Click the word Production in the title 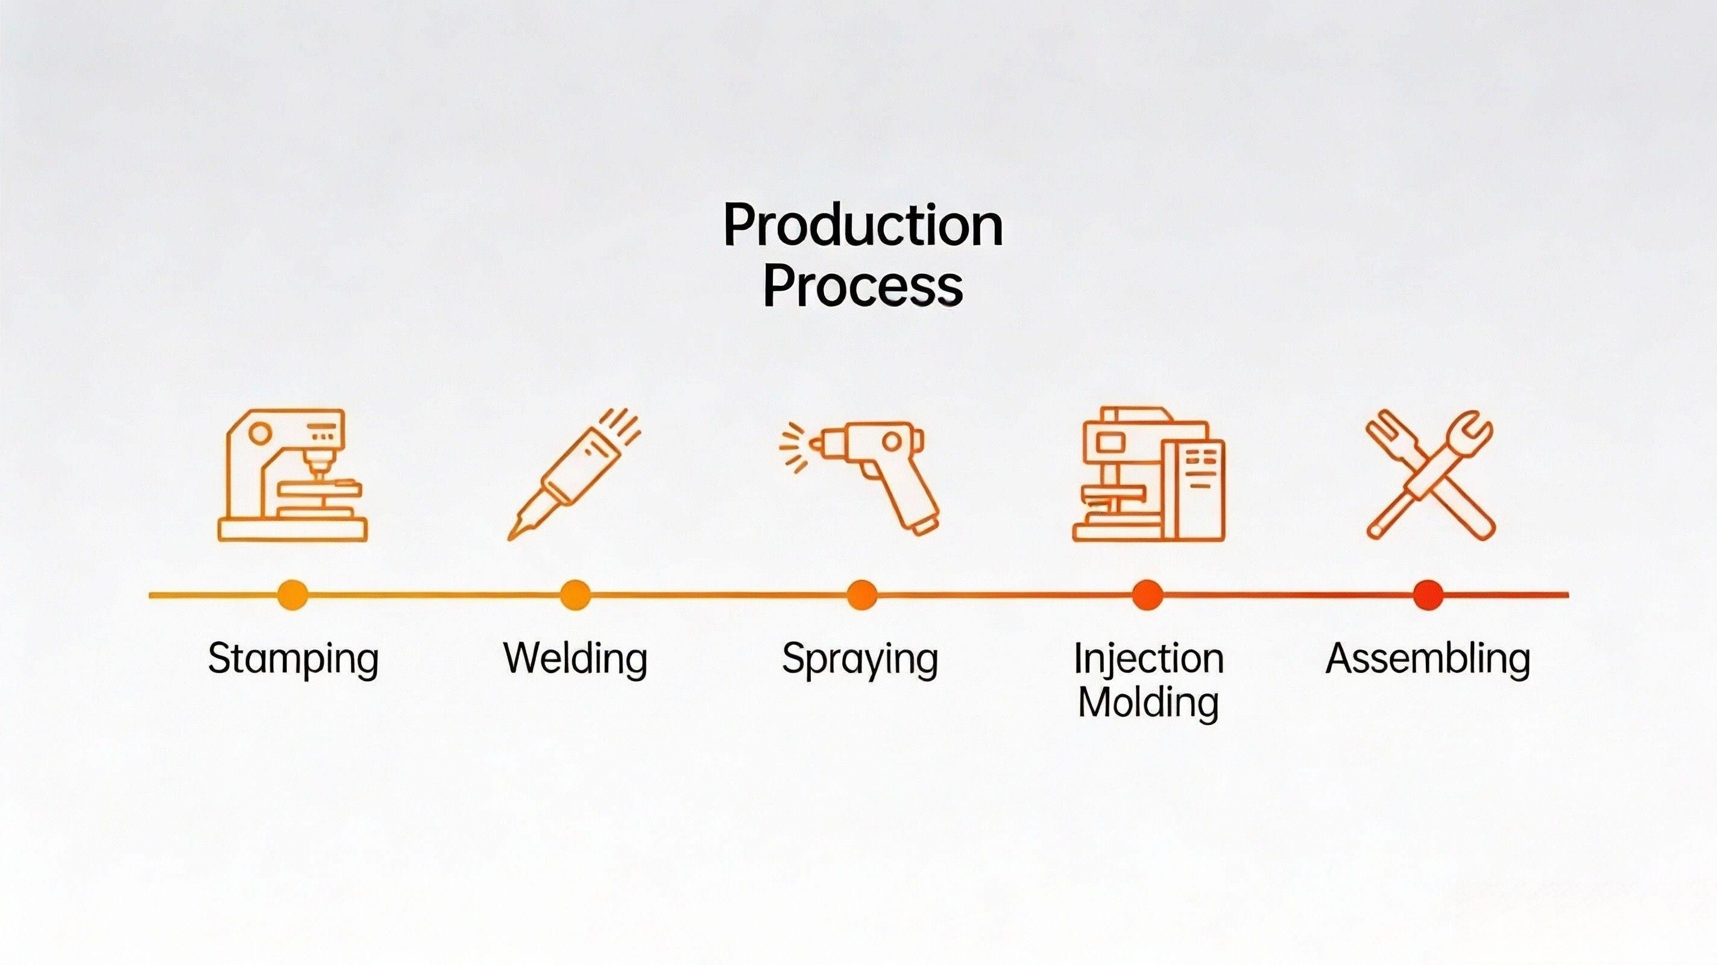click(863, 226)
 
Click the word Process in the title click(863, 286)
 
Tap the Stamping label click(293, 660)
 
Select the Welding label click(575, 660)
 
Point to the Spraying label click(860, 660)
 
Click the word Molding click(1148, 703)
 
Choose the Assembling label click(1428, 659)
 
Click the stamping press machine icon click(292, 475)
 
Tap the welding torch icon click(574, 474)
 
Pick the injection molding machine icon click(1148, 473)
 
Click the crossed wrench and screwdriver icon click(1429, 474)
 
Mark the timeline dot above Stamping click(292, 595)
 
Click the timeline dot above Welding click(575, 595)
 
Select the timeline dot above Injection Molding click(1147, 595)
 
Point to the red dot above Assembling click(1428, 595)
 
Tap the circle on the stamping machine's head click(259, 434)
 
